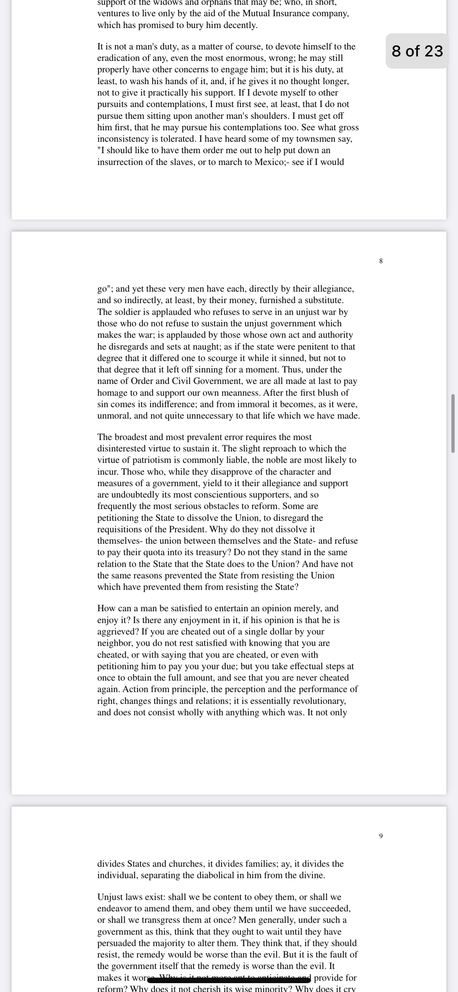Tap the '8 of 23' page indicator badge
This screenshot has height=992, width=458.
tap(417, 51)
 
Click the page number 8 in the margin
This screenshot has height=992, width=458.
tap(381, 261)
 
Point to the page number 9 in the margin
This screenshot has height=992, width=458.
tap(381, 836)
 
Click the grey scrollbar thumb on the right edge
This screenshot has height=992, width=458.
tap(453, 423)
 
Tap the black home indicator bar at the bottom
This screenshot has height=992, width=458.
tap(229, 979)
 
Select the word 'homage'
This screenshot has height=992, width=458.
tap(112, 393)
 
